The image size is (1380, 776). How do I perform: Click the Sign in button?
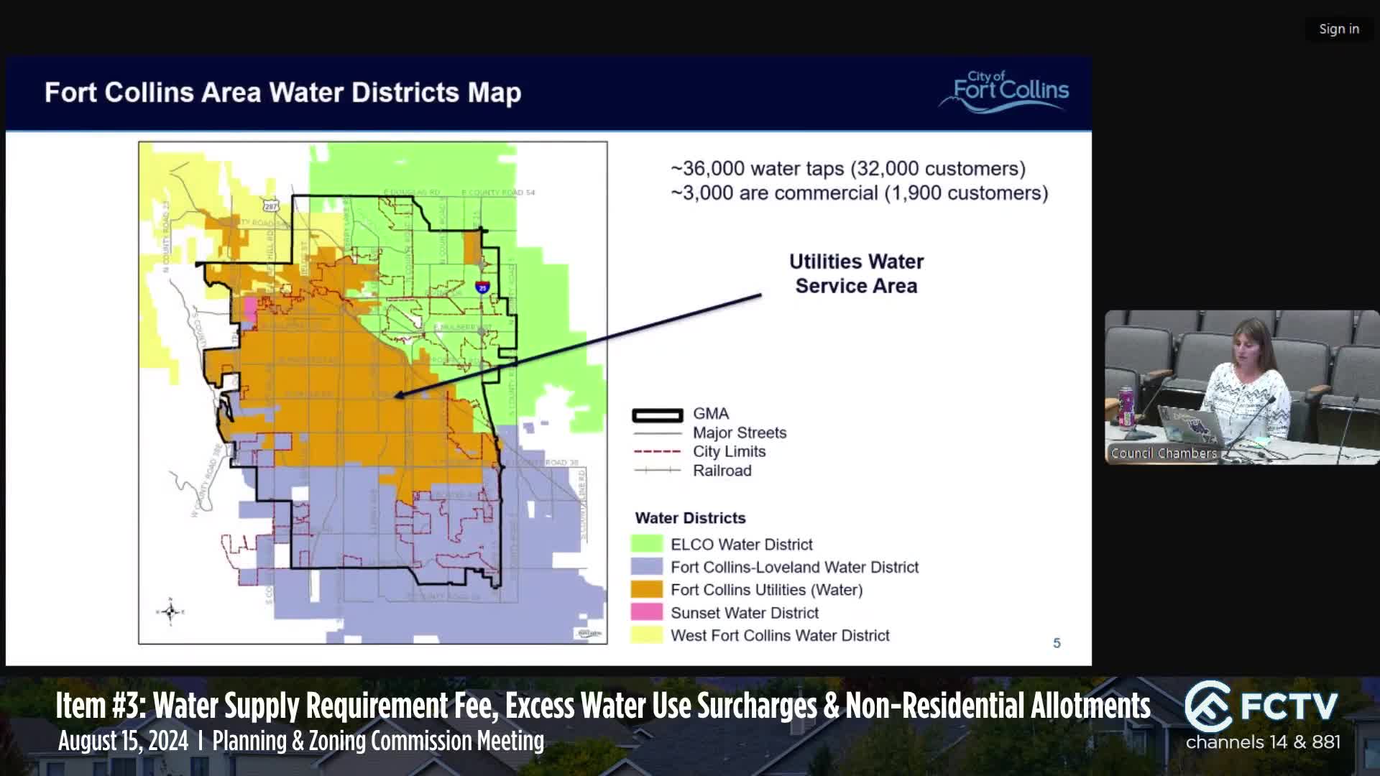coord(1338,29)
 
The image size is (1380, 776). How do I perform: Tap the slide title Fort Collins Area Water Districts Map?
coord(282,93)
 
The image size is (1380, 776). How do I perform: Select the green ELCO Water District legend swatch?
coord(646,544)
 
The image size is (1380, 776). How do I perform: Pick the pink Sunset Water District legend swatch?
coord(646,612)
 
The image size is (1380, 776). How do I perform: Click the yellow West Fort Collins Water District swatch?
coord(646,635)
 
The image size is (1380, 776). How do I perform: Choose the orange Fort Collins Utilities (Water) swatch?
coord(646,589)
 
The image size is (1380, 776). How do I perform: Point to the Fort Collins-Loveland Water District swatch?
coord(646,567)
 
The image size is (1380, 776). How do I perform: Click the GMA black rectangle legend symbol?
coord(657,415)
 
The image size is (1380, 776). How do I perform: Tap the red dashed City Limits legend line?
coord(657,452)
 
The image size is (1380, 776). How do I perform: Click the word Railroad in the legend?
coord(722,471)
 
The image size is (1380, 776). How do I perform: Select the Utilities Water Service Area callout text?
coord(856,274)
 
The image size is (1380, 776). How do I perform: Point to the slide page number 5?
coord(1057,643)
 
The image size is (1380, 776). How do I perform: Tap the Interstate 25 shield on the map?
coord(482,287)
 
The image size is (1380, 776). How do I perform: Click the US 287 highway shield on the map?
coord(270,206)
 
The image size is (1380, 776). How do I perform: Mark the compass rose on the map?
coord(170,611)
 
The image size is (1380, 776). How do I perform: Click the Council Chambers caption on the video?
coord(1164,453)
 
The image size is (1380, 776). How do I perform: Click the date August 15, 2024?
coord(123,741)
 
